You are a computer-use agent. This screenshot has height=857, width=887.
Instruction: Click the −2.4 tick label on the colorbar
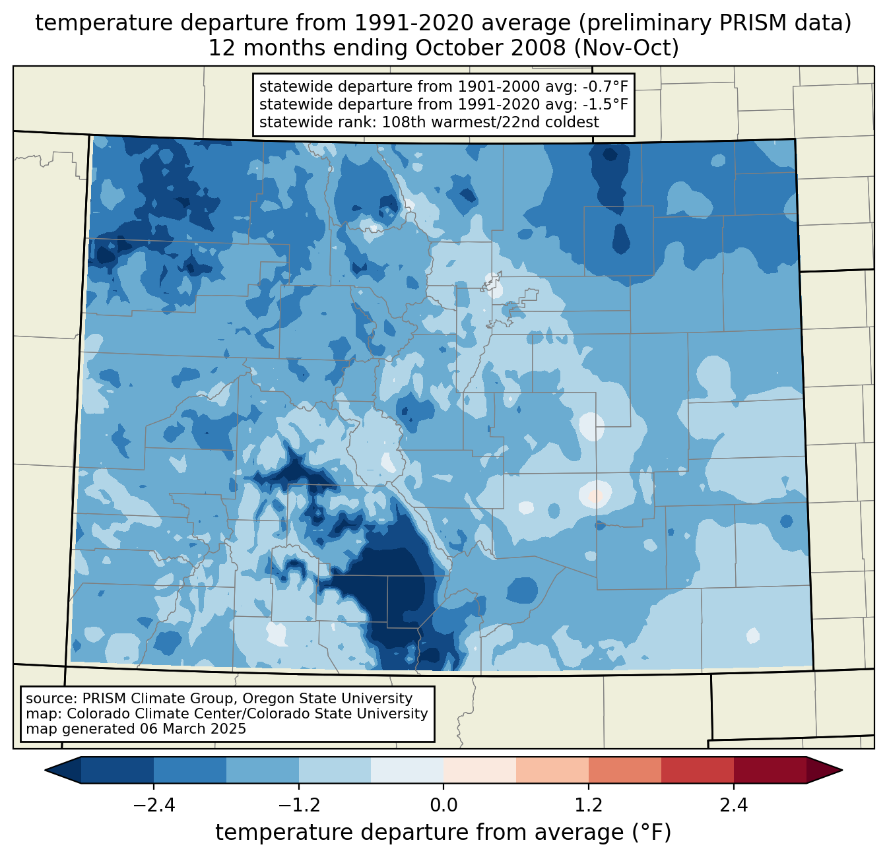pos(153,806)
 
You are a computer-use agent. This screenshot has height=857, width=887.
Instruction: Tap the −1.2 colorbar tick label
pos(298,806)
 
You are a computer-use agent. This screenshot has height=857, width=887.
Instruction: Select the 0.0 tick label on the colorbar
pos(443,806)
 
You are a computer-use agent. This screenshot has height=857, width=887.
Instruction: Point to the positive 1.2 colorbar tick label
pos(589,806)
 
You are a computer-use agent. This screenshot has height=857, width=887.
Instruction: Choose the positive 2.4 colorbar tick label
pos(733,806)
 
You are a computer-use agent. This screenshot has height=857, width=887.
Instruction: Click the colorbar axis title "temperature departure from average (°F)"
pos(443,833)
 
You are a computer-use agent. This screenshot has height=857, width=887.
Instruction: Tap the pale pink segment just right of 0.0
pos(480,770)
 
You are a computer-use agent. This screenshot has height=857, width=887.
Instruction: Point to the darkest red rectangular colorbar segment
pos(770,770)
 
